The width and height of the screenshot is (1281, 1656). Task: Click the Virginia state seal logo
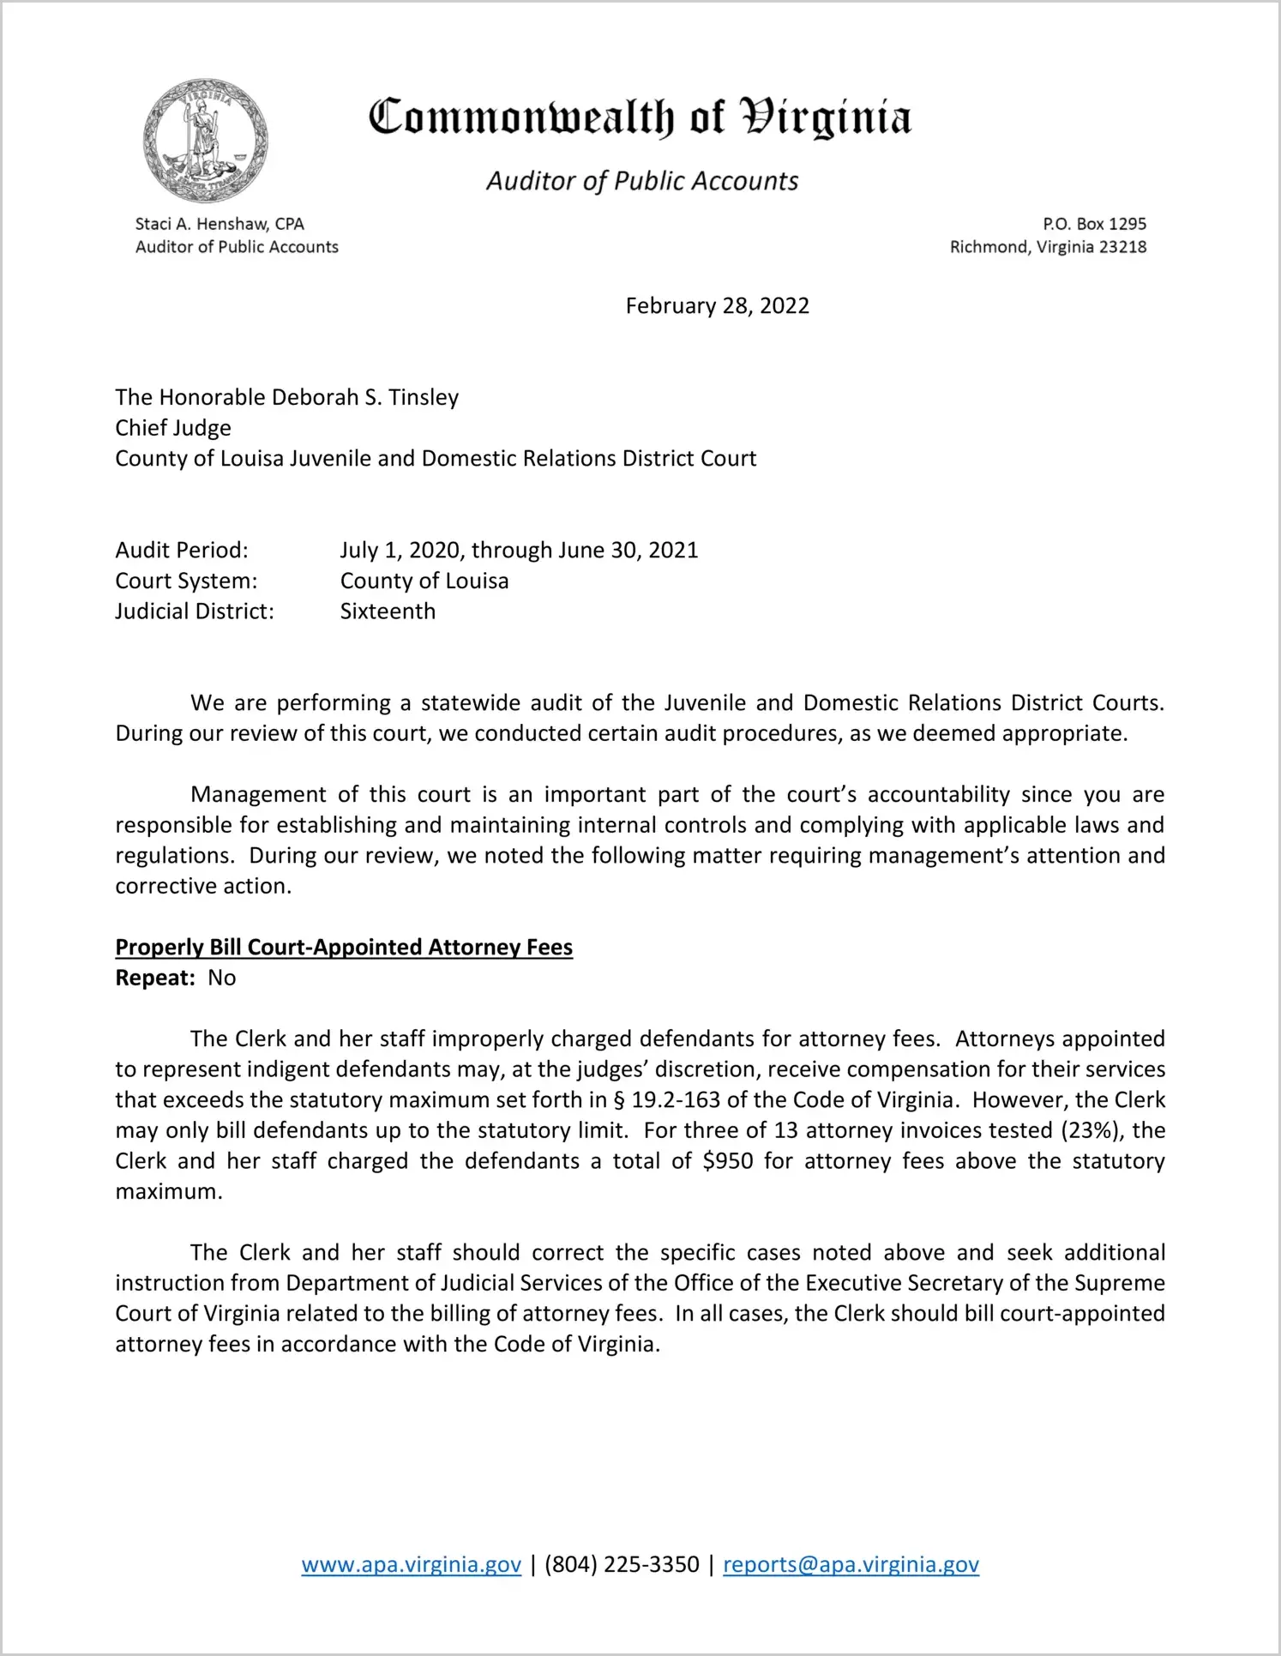pyautogui.click(x=206, y=141)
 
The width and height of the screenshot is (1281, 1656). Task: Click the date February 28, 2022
pyautogui.click(x=717, y=306)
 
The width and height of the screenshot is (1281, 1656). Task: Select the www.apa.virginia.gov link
pyautogui.click(x=411, y=1564)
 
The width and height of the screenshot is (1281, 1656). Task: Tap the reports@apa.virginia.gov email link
pyautogui.click(x=851, y=1564)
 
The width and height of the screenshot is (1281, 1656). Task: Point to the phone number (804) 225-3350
pyautogui.click(x=622, y=1564)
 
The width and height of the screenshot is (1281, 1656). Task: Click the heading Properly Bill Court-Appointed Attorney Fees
pyautogui.click(x=344, y=947)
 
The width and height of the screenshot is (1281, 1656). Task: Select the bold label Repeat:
pyautogui.click(x=155, y=978)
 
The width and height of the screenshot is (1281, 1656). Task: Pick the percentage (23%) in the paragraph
pyautogui.click(x=1089, y=1130)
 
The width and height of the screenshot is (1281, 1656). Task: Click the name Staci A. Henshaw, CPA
pyautogui.click(x=220, y=224)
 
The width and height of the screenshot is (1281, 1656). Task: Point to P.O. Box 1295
pyautogui.click(x=1094, y=224)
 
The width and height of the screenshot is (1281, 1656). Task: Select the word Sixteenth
pyautogui.click(x=388, y=611)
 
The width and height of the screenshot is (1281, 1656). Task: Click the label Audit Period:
pyautogui.click(x=182, y=550)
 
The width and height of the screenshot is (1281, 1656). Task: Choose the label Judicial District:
pyautogui.click(x=195, y=611)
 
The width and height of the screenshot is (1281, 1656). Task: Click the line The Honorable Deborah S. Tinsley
pyautogui.click(x=287, y=397)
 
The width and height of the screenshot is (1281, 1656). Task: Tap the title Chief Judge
pyautogui.click(x=173, y=428)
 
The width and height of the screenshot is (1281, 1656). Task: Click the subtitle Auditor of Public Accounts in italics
pyautogui.click(x=642, y=181)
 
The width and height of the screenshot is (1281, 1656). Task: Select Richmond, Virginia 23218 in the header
pyautogui.click(x=1048, y=247)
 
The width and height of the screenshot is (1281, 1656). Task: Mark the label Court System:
pyautogui.click(x=186, y=581)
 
